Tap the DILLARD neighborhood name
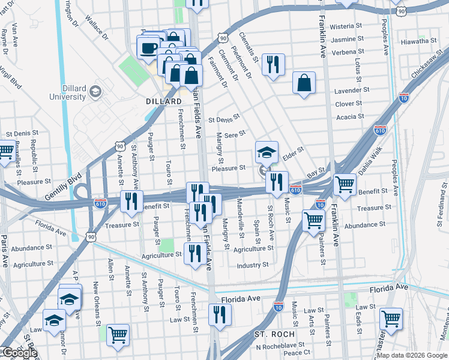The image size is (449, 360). [164, 101]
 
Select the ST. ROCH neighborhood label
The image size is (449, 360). [274, 334]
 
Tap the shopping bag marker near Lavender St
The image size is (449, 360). [304, 83]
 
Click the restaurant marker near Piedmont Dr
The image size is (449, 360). [273, 64]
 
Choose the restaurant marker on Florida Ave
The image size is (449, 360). [220, 314]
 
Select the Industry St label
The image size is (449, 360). [252, 265]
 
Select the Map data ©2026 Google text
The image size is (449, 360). [412, 355]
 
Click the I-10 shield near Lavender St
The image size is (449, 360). [403, 96]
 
